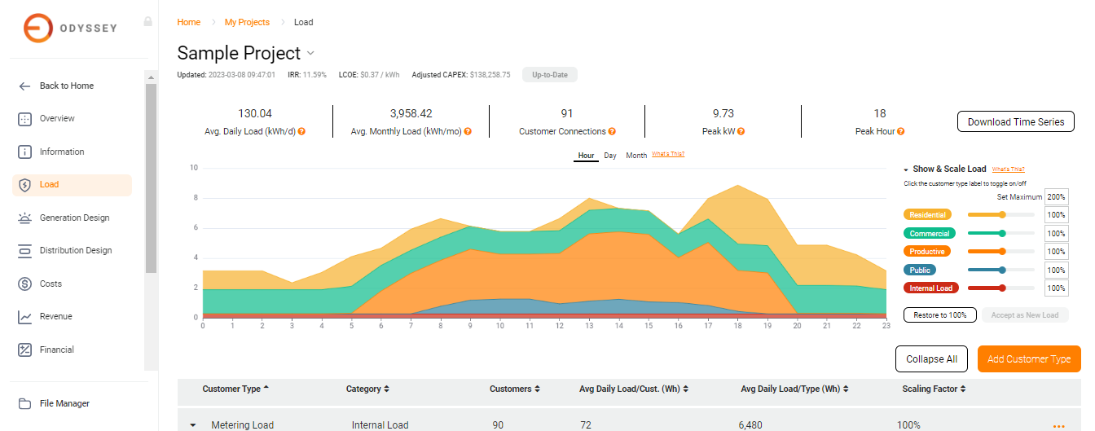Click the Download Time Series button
[1015, 122]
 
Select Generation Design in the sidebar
[74, 218]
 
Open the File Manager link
[64, 403]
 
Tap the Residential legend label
[927, 215]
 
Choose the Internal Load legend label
[930, 288]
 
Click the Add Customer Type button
[1028, 359]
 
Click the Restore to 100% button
[939, 315]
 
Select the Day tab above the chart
[610, 156]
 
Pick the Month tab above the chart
[636, 156]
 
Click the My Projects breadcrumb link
[247, 22]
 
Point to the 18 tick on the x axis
[738, 326]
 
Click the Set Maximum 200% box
[1056, 197]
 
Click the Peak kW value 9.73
[723, 113]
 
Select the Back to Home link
[66, 86]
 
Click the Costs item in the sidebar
[51, 284]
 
